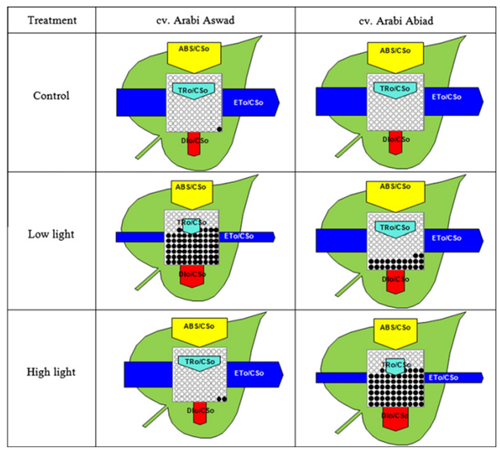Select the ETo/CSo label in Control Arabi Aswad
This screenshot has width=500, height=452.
click(x=251, y=101)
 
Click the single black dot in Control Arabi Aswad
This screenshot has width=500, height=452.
click(x=219, y=129)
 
